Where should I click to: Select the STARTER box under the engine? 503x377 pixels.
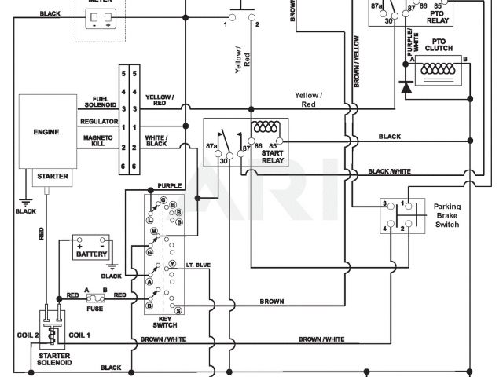pos(52,177)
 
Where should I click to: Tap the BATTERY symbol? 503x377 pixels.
pos(91,248)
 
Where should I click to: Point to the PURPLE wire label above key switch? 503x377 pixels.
pos(169,186)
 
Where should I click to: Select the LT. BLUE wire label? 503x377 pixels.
pos(198,265)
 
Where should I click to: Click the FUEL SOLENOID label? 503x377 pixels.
pos(100,103)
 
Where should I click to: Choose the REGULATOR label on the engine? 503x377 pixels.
pos(99,121)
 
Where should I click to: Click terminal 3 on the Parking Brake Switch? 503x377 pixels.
pos(385,203)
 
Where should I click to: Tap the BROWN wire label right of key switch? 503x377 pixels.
pos(271,302)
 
